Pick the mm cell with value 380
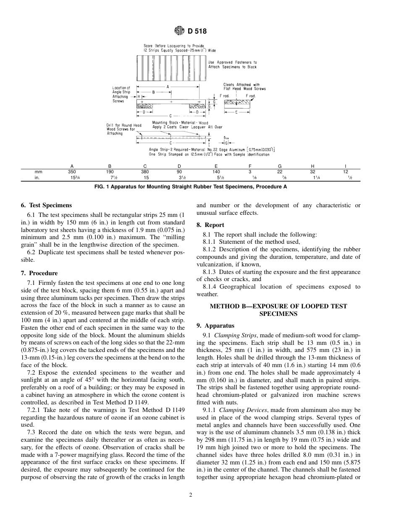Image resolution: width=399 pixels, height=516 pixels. coord(145,172)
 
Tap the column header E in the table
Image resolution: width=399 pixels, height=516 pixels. coord(215,166)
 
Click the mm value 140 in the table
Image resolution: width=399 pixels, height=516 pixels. coord(215,172)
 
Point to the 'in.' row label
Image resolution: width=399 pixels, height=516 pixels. coord(37,177)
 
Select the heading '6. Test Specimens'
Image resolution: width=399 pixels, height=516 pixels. coord(46,206)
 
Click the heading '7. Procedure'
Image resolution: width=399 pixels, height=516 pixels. coord(39,273)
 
